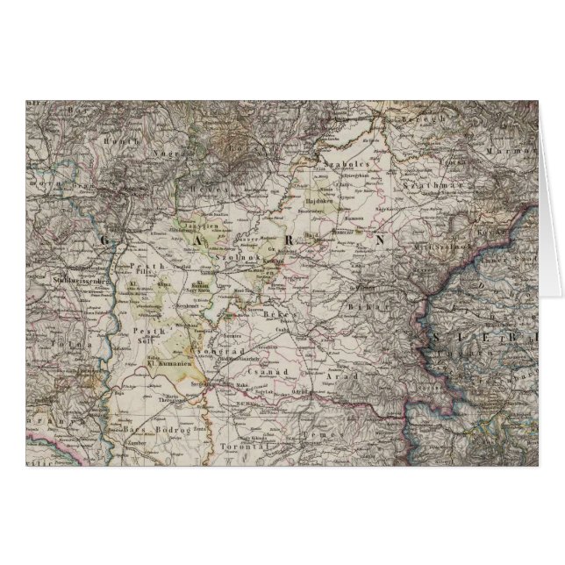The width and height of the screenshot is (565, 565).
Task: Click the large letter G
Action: (109, 240)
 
